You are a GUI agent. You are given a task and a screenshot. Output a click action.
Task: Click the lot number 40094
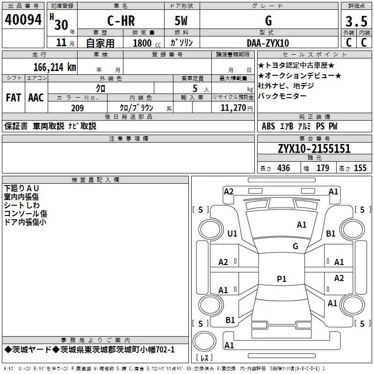pos(23,20)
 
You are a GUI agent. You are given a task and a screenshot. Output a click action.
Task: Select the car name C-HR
pos(121,21)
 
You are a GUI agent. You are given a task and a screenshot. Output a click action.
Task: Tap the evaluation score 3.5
pos(356,21)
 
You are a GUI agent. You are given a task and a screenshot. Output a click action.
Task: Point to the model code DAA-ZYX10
pos(268,43)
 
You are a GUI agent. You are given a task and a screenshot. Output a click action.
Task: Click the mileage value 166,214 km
pos(55,67)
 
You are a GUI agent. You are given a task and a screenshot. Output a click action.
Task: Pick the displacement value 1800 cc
pos(147,43)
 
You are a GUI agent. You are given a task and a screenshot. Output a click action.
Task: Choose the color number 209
pos(78,108)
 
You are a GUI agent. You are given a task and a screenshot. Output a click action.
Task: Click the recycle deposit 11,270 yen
pos(237,108)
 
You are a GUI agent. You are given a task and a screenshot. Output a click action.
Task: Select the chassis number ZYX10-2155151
pos(314,149)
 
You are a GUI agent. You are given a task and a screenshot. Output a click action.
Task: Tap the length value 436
pos(284,168)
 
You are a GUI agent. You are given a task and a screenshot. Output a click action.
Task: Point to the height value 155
pos(360,168)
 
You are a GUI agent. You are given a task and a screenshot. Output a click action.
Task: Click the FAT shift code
pos(14,98)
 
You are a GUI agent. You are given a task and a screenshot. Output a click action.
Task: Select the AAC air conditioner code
pos(36,98)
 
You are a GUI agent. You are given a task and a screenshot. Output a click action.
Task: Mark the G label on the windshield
pos(295,246)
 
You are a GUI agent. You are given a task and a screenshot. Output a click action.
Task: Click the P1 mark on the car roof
pos(281,279)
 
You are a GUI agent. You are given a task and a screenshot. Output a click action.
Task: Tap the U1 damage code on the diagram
pos(232,233)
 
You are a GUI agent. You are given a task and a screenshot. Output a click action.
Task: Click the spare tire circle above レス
pos(204,341)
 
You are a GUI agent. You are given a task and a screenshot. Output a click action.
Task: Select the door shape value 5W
pos(181,21)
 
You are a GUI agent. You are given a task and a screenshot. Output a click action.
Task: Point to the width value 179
pos(323,168)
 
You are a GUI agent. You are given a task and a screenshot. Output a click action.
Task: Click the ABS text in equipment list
pos(268,126)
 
